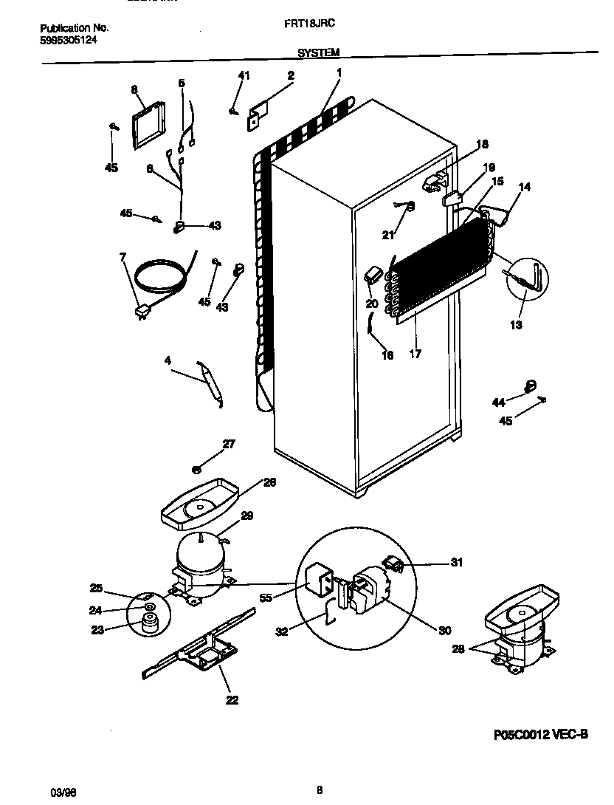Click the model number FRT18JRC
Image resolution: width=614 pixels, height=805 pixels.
(x=309, y=24)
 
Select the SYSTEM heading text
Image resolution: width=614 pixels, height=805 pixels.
(x=319, y=53)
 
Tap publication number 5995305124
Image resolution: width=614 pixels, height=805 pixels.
(x=68, y=41)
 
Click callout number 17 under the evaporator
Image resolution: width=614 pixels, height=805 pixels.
(x=415, y=354)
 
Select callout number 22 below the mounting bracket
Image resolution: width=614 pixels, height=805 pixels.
(x=232, y=699)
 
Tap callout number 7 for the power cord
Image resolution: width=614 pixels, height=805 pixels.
(x=123, y=257)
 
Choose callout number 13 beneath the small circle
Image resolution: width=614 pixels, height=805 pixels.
(x=516, y=325)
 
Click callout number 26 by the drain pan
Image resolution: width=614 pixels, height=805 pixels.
(x=269, y=482)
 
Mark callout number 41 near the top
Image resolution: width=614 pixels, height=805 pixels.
(x=244, y=75)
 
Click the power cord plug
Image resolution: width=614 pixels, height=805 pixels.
(x=139, y=313)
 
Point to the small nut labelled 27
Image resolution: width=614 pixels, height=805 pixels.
(x=197, y=467)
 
